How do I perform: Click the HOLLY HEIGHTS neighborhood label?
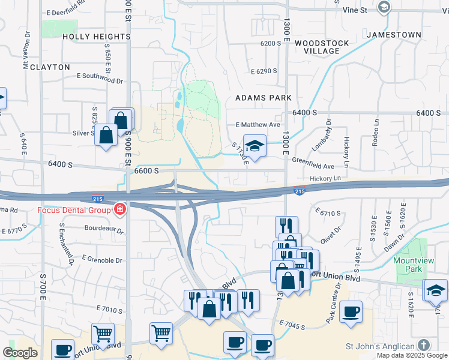97,37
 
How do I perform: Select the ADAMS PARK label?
263,97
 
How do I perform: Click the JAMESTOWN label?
394,35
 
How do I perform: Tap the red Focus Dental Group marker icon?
120,209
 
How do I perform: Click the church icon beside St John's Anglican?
424,345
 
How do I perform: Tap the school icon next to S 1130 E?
255,146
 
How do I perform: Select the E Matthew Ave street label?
258,125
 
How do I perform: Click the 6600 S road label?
146,171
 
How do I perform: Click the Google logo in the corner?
20,353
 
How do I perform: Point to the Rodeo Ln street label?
376,136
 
